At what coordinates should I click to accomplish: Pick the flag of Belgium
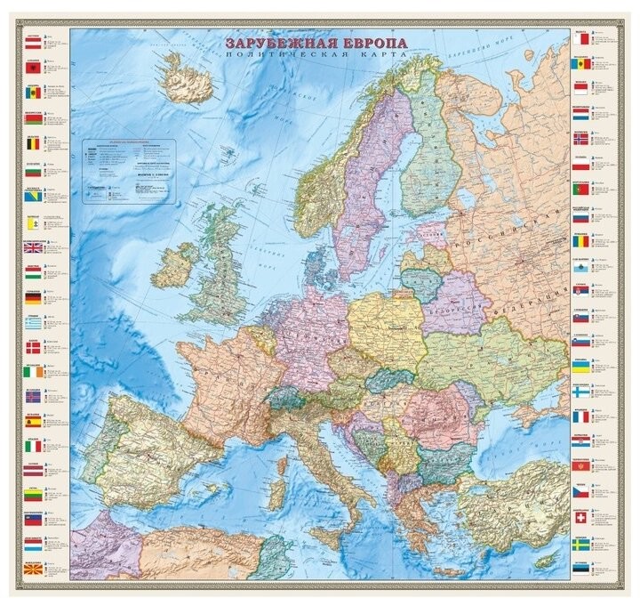pos(32,142)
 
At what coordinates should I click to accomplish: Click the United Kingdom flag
pos(32,248)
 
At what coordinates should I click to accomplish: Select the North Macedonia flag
pos(32,569)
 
